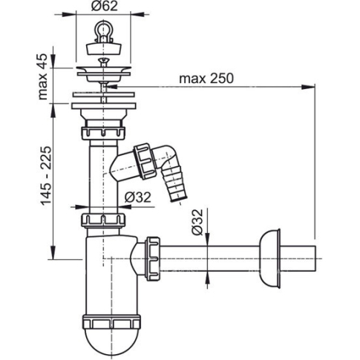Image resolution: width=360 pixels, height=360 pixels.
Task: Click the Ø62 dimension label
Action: pos(104,6)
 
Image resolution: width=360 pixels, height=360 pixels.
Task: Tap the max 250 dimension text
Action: pos(206,79)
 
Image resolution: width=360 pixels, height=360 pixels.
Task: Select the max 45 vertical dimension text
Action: pos(42,76)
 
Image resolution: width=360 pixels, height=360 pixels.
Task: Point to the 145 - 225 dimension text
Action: pos(46,176)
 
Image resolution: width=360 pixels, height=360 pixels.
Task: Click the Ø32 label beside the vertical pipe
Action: pos(137,197)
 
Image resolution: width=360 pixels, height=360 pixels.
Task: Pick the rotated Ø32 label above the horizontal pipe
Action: pos(197,222)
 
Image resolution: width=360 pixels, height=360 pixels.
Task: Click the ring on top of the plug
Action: pos(103,31)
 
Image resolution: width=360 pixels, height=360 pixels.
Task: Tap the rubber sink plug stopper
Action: pos(104,48)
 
